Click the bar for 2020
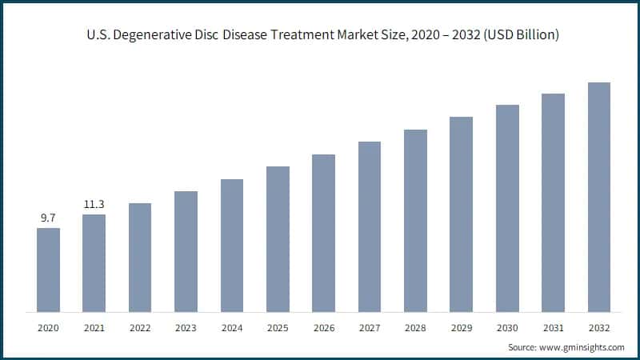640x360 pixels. pyautogui.click(x=48, y=270)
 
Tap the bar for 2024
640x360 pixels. pyautogui.click(x=232, y=245)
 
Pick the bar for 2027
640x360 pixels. pyautogui.click(x=370, y=226)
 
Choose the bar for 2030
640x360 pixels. pyautogui.click(x=507, y=208)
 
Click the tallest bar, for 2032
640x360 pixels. pyautogui.click(x=599, y=197)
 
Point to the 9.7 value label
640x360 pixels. pyautogui.click(x=48, y=217)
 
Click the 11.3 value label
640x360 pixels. pyautogui.click(x=94, y=203)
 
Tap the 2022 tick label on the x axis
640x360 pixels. pyautogui.click(x=140, y=328)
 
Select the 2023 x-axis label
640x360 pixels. pyautogui.click(x=186, y=328)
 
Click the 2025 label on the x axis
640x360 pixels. pyautogui.click(x=278, y=328)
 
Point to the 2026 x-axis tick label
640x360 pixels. pyautogui.click(x=323, y=328)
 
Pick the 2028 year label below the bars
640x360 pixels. pyautogui.click(x=415, y=328)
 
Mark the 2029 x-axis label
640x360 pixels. pyautogui.click(x=461, y=328)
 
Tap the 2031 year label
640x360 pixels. pyautogui.click(x=553, y=328)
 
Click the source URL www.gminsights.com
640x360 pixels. pyautogui.click(x=582, y=347)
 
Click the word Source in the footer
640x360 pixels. pyautogui.click(x=522, y=347)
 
